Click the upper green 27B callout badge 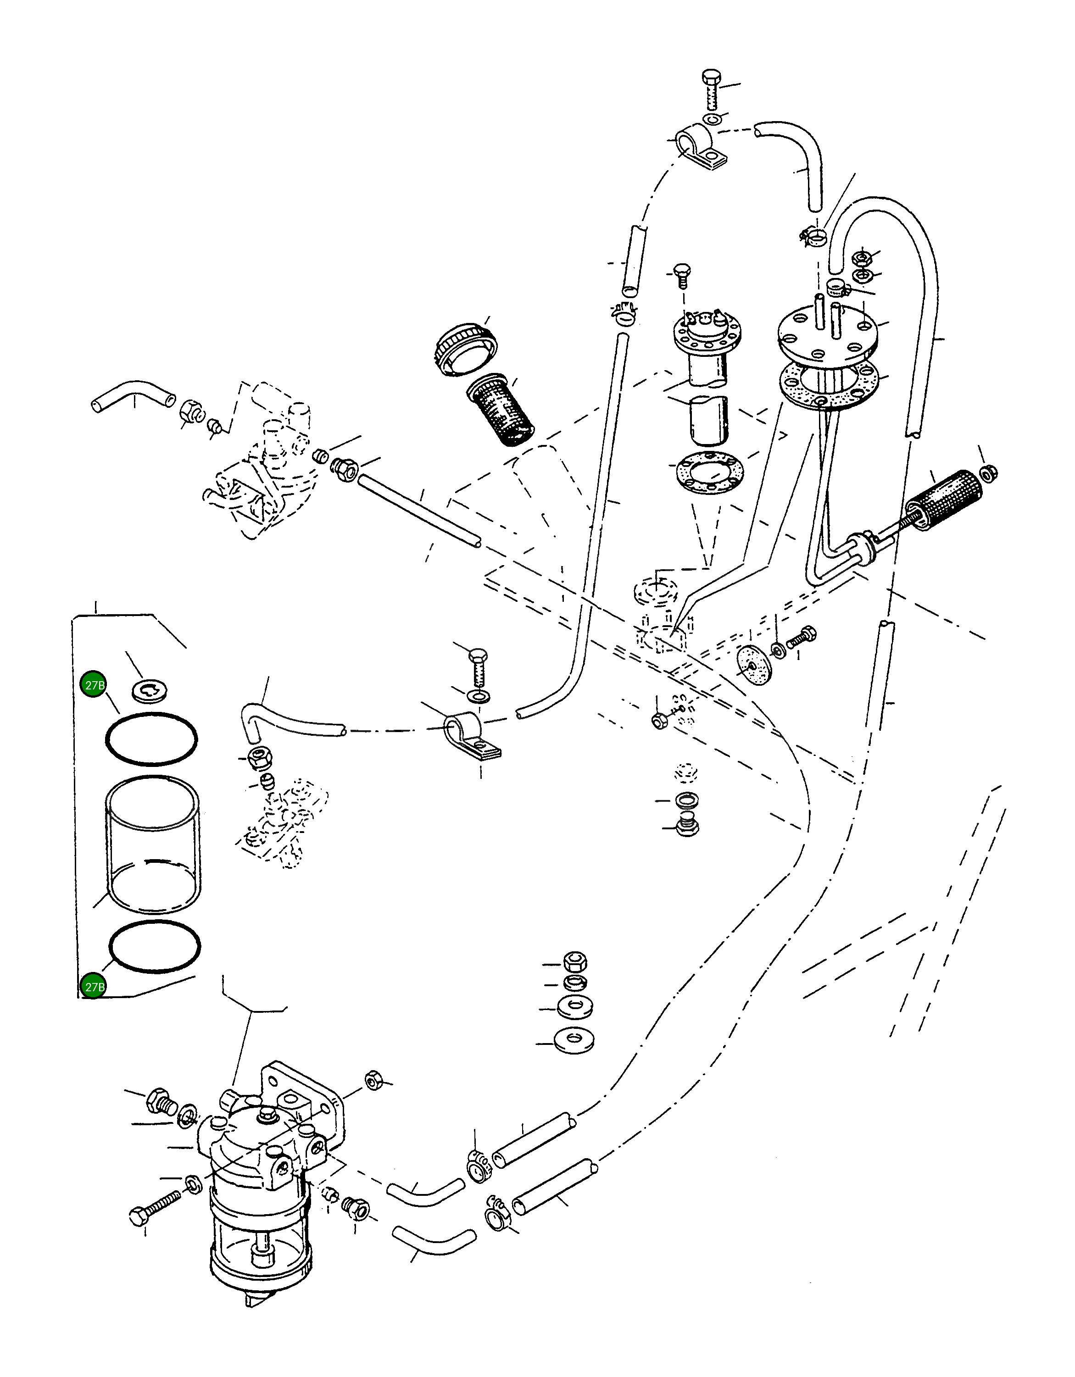(93, 685)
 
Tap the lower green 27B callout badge (93, 986)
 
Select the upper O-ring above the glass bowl (151, 738)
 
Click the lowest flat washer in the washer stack (574, 1040)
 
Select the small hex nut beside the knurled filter (989, 472)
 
